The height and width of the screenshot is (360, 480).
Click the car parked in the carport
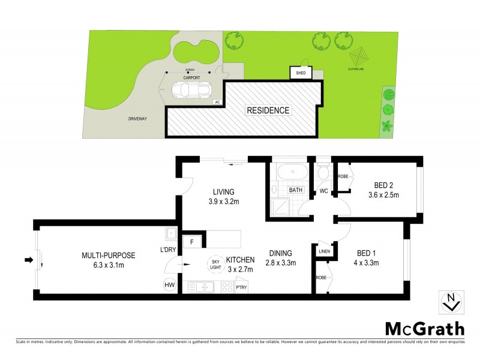click(187, 89)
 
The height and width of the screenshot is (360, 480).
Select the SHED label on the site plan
click(300, 73)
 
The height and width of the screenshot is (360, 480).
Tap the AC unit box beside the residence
click(217, 102)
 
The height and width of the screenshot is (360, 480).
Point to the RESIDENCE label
click(268, 110)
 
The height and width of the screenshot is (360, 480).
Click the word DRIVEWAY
click(137, 119)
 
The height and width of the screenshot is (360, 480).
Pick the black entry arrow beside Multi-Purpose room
click(28, 260)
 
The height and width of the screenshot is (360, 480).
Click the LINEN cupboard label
click(324, 251)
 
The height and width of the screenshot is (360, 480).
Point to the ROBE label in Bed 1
click(322, 278)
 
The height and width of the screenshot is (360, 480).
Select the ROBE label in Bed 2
click(343, 176)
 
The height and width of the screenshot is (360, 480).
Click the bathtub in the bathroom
click(292, 173)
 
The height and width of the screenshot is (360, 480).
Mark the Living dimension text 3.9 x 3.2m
click(224, 201)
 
